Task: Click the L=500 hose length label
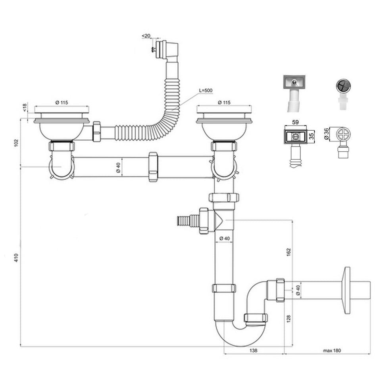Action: coord(206,91)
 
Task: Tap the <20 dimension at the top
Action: coord(146,36)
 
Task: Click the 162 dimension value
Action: coord(289,252)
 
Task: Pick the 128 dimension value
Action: coord(289,318)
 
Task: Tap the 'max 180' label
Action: coord(332,350)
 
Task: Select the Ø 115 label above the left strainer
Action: coord(62,102)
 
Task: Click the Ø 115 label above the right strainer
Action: coord(225,102)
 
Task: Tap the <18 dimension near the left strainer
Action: coord(25,108)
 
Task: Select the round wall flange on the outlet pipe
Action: coord(347,290)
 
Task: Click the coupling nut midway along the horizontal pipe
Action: coord(153,166)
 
